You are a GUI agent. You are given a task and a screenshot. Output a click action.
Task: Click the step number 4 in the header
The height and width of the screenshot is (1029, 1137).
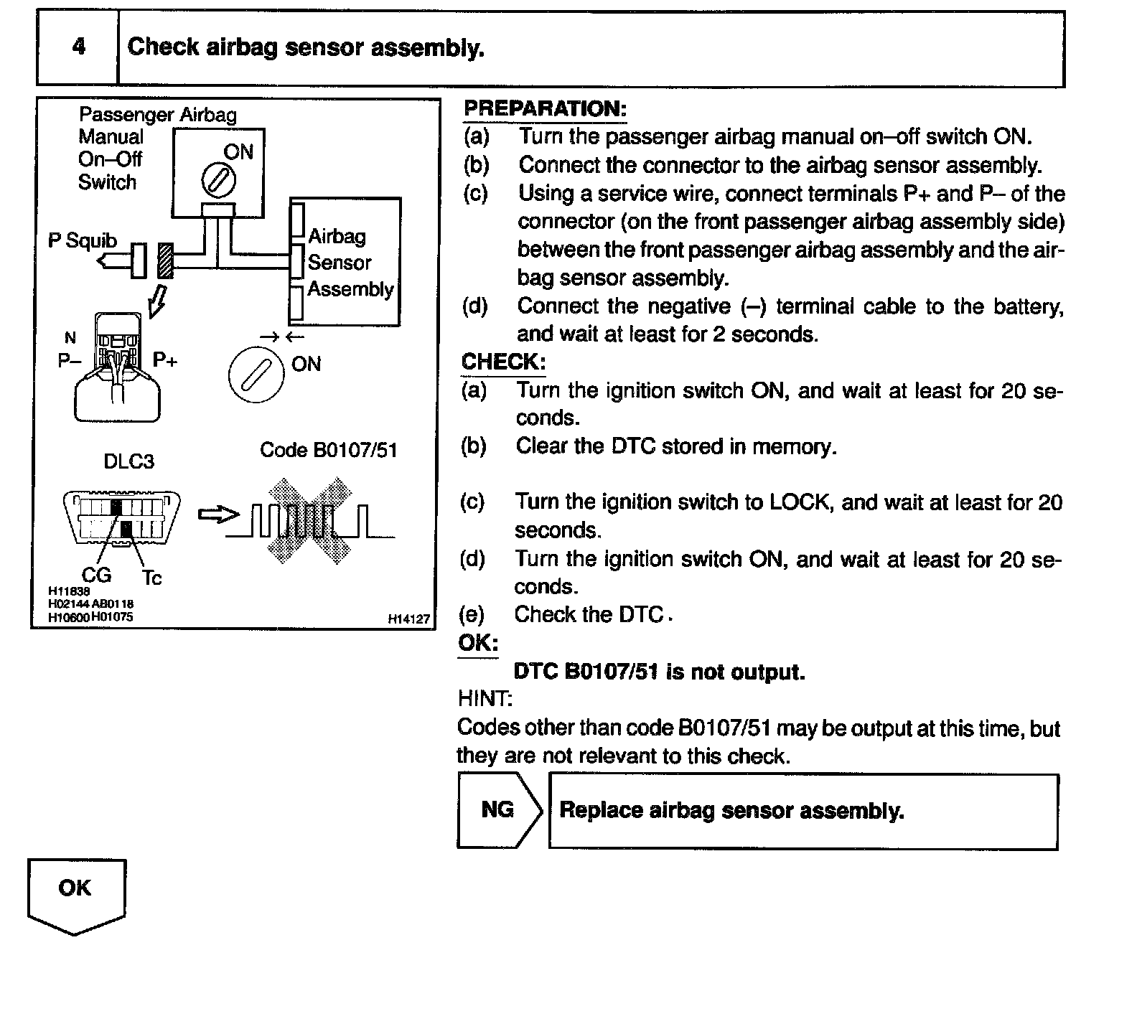point(78,47)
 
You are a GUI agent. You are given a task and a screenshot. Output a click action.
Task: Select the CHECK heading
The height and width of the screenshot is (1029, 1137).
point(502,362)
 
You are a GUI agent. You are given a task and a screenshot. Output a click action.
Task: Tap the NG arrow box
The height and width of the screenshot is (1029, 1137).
point(499,810)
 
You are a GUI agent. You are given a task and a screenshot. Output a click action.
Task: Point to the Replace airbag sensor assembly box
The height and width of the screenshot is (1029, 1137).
point(803,811)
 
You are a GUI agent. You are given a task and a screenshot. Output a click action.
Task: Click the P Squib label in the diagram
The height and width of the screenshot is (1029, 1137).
point(83,240)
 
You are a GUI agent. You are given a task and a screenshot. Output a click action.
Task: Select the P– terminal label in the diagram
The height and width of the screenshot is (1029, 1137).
point(69,360)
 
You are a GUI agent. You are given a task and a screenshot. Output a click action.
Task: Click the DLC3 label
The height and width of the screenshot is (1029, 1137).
point(129,461)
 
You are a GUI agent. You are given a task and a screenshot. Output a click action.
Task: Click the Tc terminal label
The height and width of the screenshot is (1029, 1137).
point(151,577)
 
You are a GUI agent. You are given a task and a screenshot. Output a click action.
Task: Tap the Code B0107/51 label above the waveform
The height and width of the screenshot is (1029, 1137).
point(328,450)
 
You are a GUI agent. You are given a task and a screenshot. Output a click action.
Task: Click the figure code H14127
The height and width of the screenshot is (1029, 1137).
point(408,619)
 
